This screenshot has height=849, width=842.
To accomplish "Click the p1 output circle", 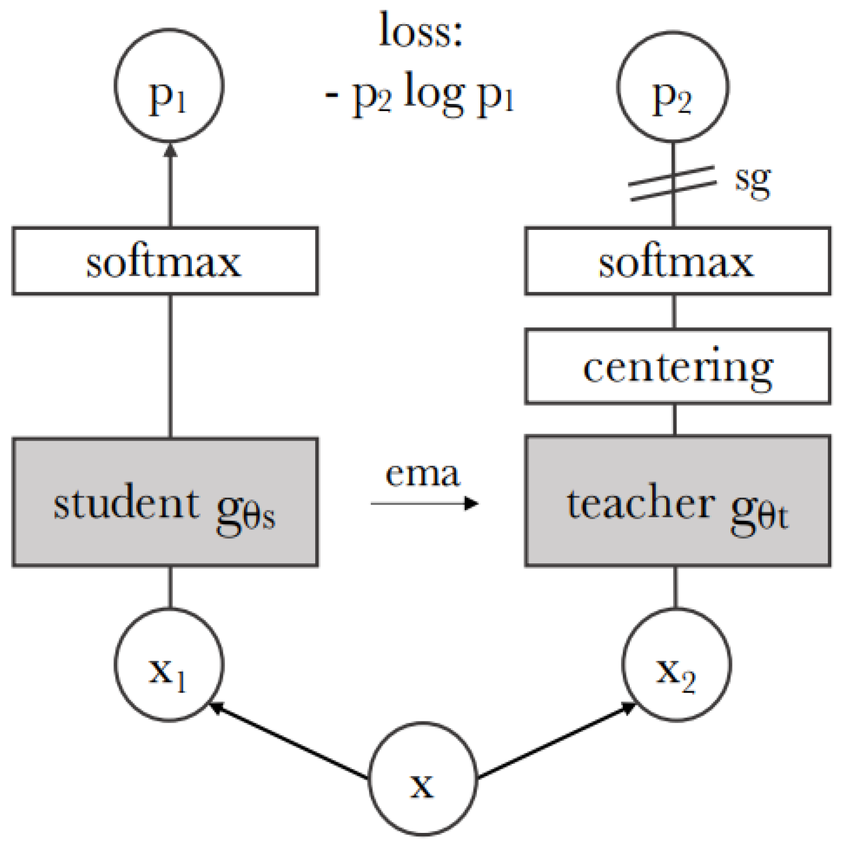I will pos(169,86).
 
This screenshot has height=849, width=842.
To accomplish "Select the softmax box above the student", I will pos(165,261).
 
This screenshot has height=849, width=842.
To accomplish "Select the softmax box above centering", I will pos(677,261).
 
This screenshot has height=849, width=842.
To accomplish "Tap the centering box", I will pos(677,367).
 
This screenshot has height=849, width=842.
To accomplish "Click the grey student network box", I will pos(165,502).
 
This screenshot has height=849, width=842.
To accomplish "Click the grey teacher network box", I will pos(677,502).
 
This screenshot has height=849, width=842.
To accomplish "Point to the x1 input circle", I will pos(169,665).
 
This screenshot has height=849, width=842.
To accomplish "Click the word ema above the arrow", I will pos(422,474).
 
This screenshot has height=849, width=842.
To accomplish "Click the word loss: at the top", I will pos(421,31).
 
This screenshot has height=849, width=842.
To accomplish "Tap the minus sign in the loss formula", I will pos(332,96).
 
